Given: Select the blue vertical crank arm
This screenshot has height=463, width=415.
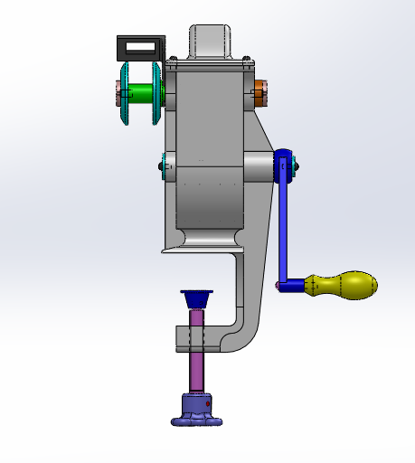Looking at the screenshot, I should click(x=282, y=226).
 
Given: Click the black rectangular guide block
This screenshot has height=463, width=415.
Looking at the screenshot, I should click(x=140, y=46).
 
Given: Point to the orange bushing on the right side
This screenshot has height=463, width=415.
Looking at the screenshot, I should click(x=258, y=92).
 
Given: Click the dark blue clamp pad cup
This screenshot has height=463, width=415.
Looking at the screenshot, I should click(x=196, y=299).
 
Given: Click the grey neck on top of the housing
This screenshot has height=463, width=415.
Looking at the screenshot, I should click(x=212, y=40).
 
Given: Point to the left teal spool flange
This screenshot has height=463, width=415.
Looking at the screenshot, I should click(x=124, y=93).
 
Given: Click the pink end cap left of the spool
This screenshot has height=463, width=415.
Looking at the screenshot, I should click(x=117, y=92).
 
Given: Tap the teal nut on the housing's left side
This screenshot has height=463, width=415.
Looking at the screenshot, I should click(x=163, y=165).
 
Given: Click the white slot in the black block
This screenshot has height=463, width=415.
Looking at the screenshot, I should click(x=141, y=44).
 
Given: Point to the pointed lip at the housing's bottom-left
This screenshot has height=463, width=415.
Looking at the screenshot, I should click(x=168, y=250).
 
